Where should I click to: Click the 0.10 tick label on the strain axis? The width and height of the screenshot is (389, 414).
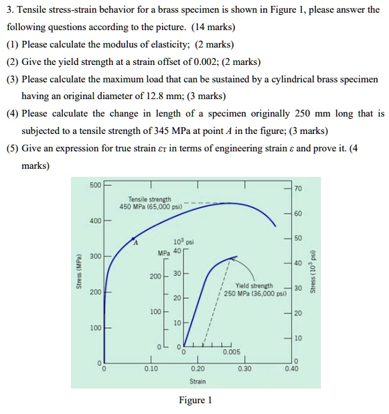[151, 368]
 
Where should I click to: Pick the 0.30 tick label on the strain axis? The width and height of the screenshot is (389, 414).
[245, 368]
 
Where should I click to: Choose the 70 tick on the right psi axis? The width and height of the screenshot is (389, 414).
[299, 188]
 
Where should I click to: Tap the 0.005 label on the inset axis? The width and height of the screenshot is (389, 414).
[231, 351]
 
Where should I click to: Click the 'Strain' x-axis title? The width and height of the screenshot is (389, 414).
[198, 381]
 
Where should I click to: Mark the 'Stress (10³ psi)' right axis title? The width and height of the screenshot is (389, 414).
[313, 275]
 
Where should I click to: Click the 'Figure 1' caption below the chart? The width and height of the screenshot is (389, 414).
[195, 401]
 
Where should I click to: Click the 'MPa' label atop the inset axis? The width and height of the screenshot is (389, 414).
[163, 254]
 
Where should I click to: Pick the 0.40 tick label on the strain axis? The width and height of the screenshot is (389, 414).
[292, 368]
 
